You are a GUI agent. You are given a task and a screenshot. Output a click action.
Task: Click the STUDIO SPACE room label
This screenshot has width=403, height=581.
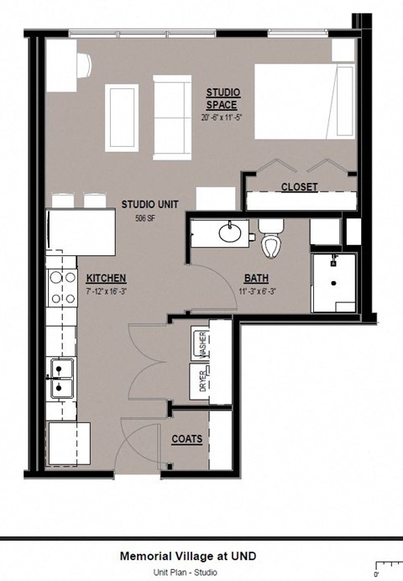(x=222, y=98)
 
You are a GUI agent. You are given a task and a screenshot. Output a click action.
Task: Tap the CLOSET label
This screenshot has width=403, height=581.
(x=299, y=187)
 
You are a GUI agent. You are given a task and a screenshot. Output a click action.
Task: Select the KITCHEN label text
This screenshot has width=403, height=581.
(x=106, y=279)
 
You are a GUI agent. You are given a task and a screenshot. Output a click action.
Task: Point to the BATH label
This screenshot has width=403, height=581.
(x=256, y=279)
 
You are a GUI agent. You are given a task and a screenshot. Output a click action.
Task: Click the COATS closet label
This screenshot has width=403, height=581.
(x=186, y=439)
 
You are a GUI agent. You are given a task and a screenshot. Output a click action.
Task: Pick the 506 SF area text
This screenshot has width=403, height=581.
(x=147, y=218)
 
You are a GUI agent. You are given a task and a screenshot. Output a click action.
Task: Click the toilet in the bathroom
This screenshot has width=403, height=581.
(x=270, y=240)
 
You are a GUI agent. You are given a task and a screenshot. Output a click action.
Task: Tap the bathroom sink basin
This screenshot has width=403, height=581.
(x=229, y=232)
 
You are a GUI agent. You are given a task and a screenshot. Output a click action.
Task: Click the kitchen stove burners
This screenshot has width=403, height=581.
(x=58, y=287)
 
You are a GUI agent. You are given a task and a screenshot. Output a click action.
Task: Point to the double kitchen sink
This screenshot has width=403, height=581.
(x=60, y=378)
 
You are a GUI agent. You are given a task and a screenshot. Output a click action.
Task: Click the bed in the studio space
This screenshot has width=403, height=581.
(x=304, y=101)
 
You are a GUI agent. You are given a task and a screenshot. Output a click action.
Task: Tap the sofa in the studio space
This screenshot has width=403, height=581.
(x=172, y=117)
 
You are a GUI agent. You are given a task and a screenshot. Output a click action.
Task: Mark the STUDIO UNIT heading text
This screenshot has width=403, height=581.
(x=148, y=204)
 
